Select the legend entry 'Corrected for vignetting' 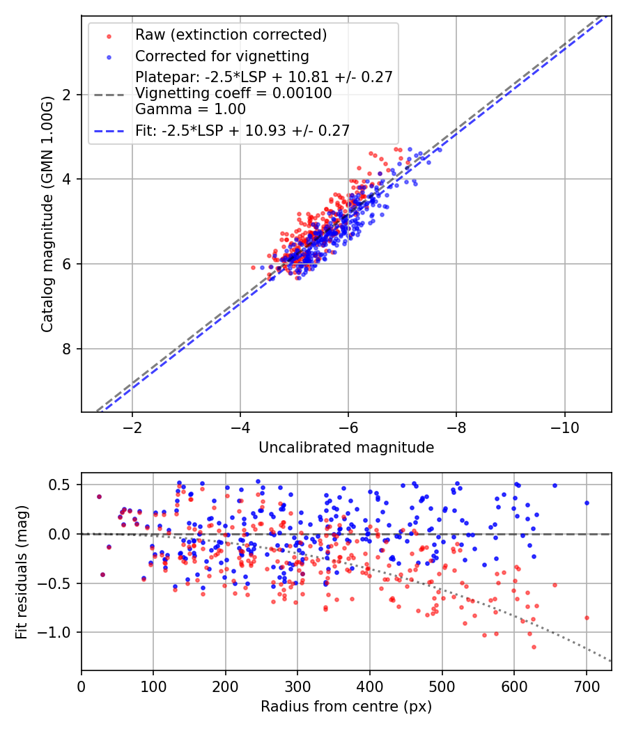coord(222,56)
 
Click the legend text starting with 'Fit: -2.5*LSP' coord(242,130)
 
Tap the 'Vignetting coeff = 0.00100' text coord(233,93)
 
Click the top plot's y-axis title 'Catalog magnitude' coord(47,213)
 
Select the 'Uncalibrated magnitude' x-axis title coord(346,448)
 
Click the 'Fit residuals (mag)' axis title coord(22,571)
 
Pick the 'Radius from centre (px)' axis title coord(346,707)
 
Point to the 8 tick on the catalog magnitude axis coord(68,349)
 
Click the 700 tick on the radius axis coord(586,686)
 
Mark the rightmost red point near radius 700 coord(587,618)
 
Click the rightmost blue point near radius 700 coord(587,503)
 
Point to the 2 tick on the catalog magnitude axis coord(68,95)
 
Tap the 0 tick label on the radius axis coord(82,686)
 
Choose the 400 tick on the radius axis coord(370,686)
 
